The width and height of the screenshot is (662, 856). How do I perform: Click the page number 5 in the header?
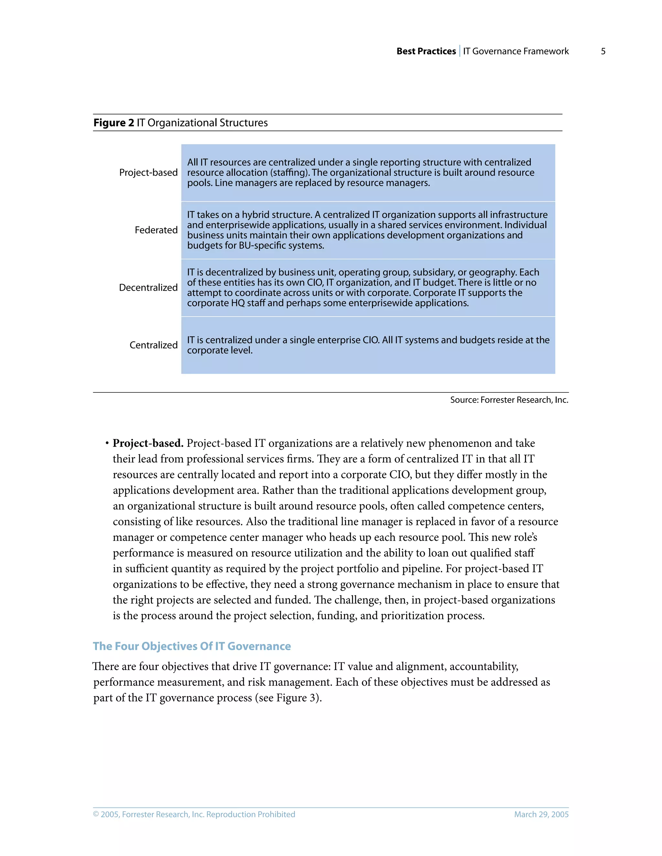click(603, 51)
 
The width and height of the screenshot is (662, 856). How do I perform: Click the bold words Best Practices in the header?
click(426, 51)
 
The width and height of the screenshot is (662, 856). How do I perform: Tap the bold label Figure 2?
click(113, 123)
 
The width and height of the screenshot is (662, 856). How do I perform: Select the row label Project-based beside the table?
click(148, 172)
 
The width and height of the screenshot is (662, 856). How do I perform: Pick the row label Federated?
click(156, 230)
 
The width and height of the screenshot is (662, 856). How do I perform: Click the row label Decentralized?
click(148, 288)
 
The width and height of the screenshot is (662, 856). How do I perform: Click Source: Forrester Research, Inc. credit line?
click(509, 400)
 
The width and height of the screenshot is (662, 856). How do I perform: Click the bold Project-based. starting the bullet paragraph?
click(148, 443)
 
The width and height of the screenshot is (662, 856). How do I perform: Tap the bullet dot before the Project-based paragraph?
click(107, 443)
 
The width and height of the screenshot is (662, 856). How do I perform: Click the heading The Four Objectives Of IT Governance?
click(192, 646)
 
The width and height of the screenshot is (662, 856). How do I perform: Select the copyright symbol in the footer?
click(96, 814)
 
